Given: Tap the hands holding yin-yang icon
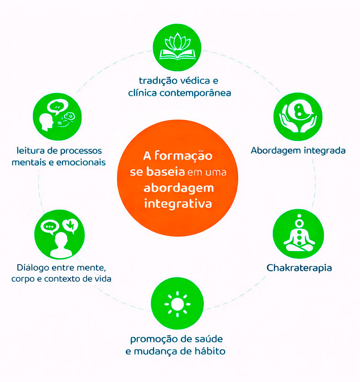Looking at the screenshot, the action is [298, 117].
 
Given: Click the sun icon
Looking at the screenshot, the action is [177, 304].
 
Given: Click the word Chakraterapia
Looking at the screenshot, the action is [299, 268].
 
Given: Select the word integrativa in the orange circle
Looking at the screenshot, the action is [178, 204].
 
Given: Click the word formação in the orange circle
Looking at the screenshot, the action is [183, 156].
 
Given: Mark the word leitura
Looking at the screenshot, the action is [31, 151].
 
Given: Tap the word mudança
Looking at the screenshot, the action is [155, 351].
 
